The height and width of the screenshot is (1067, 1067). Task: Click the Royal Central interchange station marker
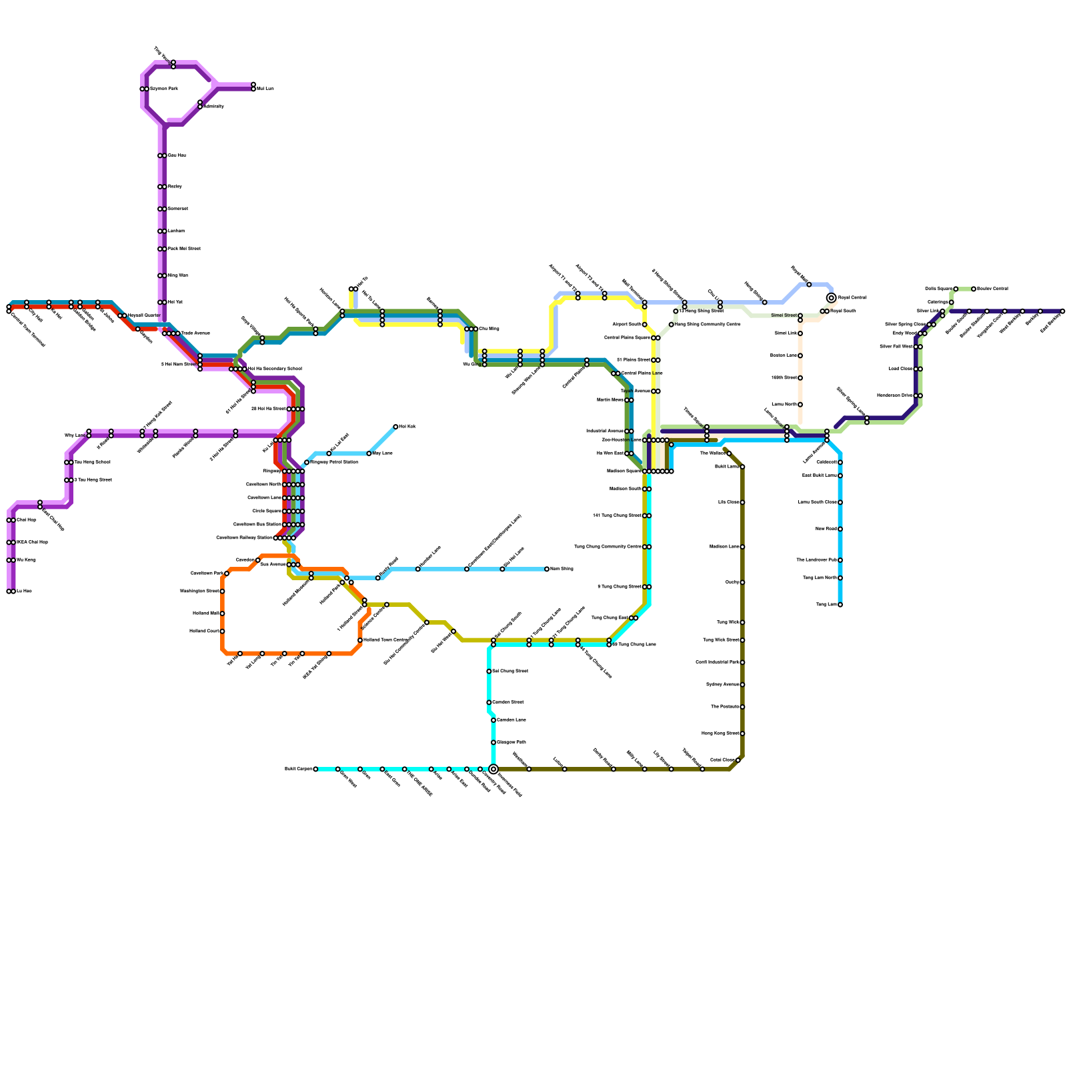click(x=831, y=297)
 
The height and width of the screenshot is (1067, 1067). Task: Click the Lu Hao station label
click(x=23, y=592)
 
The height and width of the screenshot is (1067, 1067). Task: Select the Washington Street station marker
click(x=222, y=592)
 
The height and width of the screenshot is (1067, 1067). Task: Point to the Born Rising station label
click(x=562, y=569)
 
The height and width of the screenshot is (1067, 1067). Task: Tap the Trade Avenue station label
click(x=196, y=333)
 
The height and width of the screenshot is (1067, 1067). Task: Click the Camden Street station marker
click(x=489, y=702)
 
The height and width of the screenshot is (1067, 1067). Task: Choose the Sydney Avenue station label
click(x=722, y=685)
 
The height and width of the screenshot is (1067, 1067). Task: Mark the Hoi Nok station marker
click(x=395, y=427)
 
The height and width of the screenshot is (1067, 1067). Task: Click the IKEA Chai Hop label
click(x=33, y=542)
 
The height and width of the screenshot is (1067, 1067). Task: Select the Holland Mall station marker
click(x=222, y=614)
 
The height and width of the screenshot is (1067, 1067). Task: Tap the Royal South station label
click(x=843, y=311)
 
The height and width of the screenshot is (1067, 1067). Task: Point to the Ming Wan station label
click(x=178, y=275)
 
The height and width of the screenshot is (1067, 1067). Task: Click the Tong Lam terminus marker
click(x=840, y=605)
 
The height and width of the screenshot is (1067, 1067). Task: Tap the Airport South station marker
click(x=645, y=325)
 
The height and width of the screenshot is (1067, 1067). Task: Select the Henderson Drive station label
click(x=895, y=395)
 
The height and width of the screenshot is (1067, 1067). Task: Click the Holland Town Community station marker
click(x=360, y=640)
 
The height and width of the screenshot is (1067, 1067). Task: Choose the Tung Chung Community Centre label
click(x=608, y=547)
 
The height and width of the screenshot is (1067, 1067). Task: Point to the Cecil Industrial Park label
click(x=718, y=662)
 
